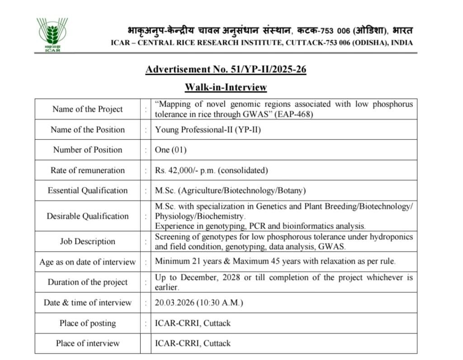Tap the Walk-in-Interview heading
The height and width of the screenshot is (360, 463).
226,87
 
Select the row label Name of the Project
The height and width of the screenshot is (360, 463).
87,109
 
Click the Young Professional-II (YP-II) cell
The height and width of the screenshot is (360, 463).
208,130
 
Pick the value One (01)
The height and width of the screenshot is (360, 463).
170,150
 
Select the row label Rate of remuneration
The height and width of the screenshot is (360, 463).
87,170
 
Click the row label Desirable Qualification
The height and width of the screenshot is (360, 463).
87,216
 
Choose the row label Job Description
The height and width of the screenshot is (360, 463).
87,241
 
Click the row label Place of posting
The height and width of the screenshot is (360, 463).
87,323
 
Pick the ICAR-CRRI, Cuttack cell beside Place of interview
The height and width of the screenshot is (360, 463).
193,343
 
